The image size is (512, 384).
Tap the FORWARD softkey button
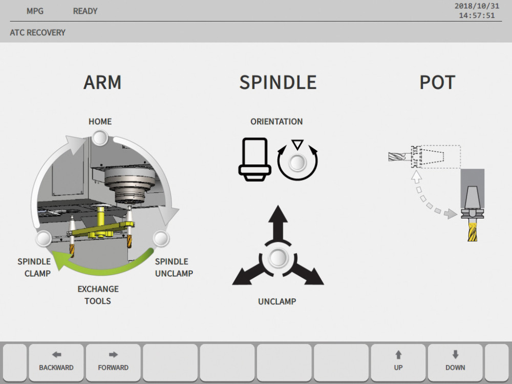[x=113, y=362]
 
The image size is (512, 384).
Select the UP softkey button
[x=398, y=362]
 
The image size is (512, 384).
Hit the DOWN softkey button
[x=455, y=362]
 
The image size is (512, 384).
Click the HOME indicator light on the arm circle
[x=100, y=138]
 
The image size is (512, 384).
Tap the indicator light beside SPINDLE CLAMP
[x=44, y=239]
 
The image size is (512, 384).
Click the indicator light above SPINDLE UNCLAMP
[x=161, y=239]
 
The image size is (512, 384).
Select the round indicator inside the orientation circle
[x=297, y=162]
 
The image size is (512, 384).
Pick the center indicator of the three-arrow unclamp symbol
[x=278, y=258]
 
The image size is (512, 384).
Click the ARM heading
[x=102, y=82]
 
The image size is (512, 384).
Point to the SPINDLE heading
[x=278, y=82]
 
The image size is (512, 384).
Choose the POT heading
[x=437, y=82]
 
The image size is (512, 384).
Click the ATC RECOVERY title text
[x=37, y=33]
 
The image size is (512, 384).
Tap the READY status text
[x=85, y=11]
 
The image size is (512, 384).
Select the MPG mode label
[x=35, y=11]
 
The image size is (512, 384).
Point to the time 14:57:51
[x=477, y=16]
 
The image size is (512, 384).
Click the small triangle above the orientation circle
[x=297, y=144]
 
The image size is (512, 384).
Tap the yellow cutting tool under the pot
[x=472, y=230]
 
